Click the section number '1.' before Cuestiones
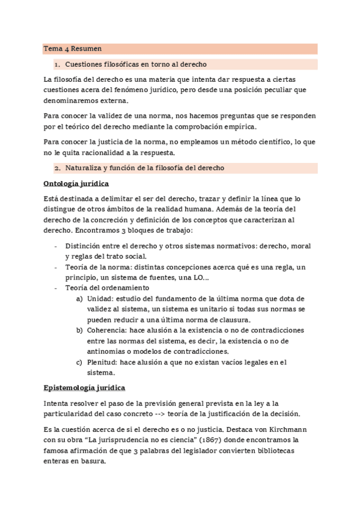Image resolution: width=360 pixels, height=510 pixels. click(57, 64)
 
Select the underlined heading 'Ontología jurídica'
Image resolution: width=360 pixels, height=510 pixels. click(76, 183)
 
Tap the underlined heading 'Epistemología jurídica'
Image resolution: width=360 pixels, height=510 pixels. click(85, 388)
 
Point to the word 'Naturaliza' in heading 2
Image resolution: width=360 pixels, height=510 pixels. click(84, 168)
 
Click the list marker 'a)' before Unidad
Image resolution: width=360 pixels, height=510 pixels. click(79, 299)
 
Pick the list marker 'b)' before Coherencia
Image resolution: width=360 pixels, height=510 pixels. click(79, 331)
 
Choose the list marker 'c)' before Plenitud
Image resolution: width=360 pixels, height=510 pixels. click(79, 362)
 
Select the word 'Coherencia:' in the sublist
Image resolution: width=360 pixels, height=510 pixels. click(108, 331)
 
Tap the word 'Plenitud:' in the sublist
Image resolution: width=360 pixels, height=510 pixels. click(102, 362)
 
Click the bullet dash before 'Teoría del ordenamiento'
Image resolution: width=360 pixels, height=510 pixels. click(56, 288)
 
